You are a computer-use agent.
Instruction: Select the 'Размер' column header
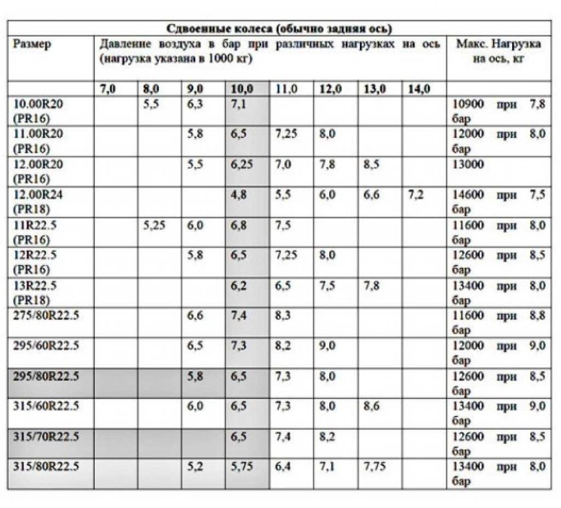pos(31,45)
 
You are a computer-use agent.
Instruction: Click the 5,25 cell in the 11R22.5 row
pos(154,225)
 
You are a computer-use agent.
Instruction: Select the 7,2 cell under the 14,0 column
pos(415,196)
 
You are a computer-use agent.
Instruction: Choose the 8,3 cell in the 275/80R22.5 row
pos(285,316)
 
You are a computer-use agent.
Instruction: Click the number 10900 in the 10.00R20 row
pos(467,105)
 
